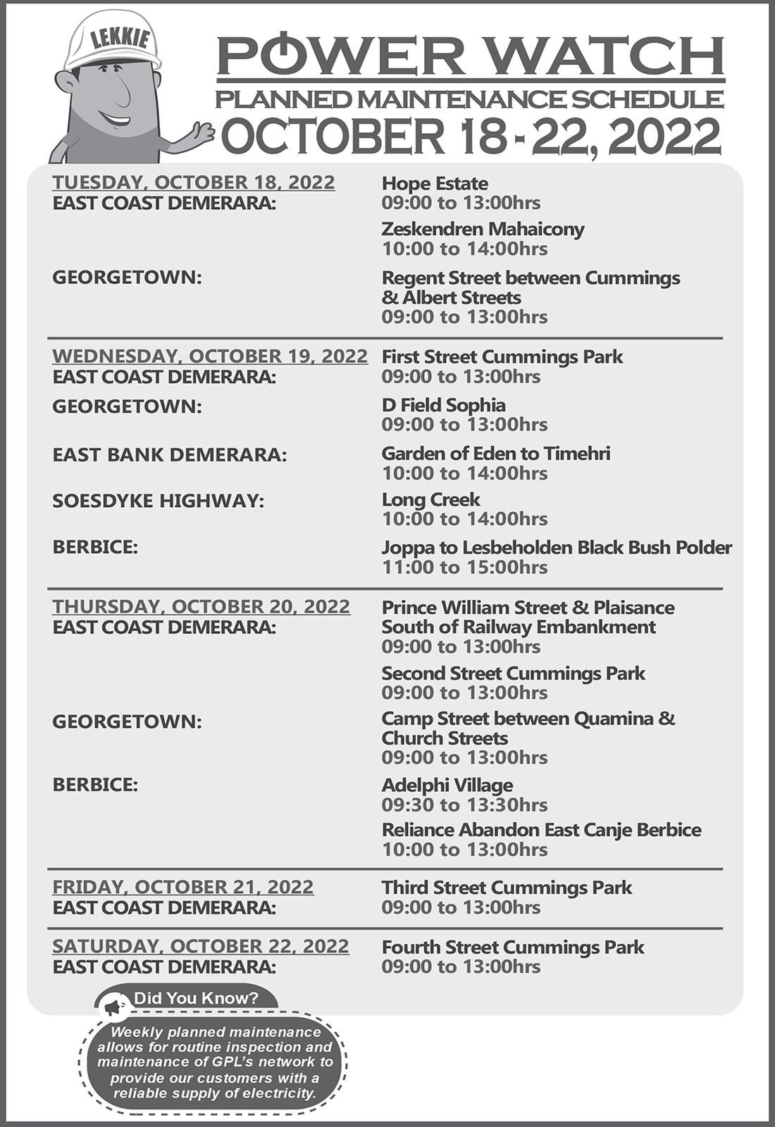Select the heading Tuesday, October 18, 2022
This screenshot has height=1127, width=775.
click(194, 182)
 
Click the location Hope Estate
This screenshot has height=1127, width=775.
click(435, 183)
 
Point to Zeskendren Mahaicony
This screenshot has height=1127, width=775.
click(483, 229)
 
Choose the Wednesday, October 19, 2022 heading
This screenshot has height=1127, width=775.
click(210, 356)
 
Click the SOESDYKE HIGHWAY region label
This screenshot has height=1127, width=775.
click(159, 501)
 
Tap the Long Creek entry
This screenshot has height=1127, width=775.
click(430, 499)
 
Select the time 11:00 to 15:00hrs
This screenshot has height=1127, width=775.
click(464, 567)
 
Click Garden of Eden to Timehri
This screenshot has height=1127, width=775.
click(495, 453)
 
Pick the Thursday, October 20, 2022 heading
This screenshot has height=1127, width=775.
click(201, 606)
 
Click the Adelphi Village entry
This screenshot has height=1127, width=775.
click(447, 785)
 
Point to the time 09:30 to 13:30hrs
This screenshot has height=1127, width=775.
click(464, 804)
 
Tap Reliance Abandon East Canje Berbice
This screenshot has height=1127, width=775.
click(541, 830)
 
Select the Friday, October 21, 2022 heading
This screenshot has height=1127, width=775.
click(183, 887)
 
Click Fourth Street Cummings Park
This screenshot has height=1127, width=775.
click(513, 947)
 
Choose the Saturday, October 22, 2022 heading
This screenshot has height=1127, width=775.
click(201, 946)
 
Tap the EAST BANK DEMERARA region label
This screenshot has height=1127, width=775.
click(170, 454)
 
